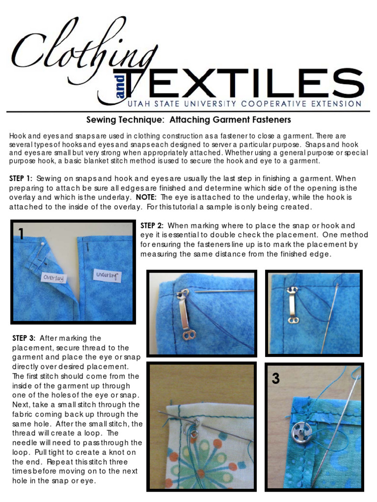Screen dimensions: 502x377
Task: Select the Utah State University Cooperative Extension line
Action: tap(244, 103)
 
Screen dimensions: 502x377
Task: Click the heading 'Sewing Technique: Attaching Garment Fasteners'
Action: tap(188, 120)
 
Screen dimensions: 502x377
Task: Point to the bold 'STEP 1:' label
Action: tap(21, 178)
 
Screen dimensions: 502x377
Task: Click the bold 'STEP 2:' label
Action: tap(152, 226)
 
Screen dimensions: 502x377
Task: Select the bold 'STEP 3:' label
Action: tap(24, 338)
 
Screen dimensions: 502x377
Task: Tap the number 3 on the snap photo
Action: tap(276, 378)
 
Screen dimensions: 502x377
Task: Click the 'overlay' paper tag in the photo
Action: tap(54, 277)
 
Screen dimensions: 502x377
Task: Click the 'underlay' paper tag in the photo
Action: tap(106, 276)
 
